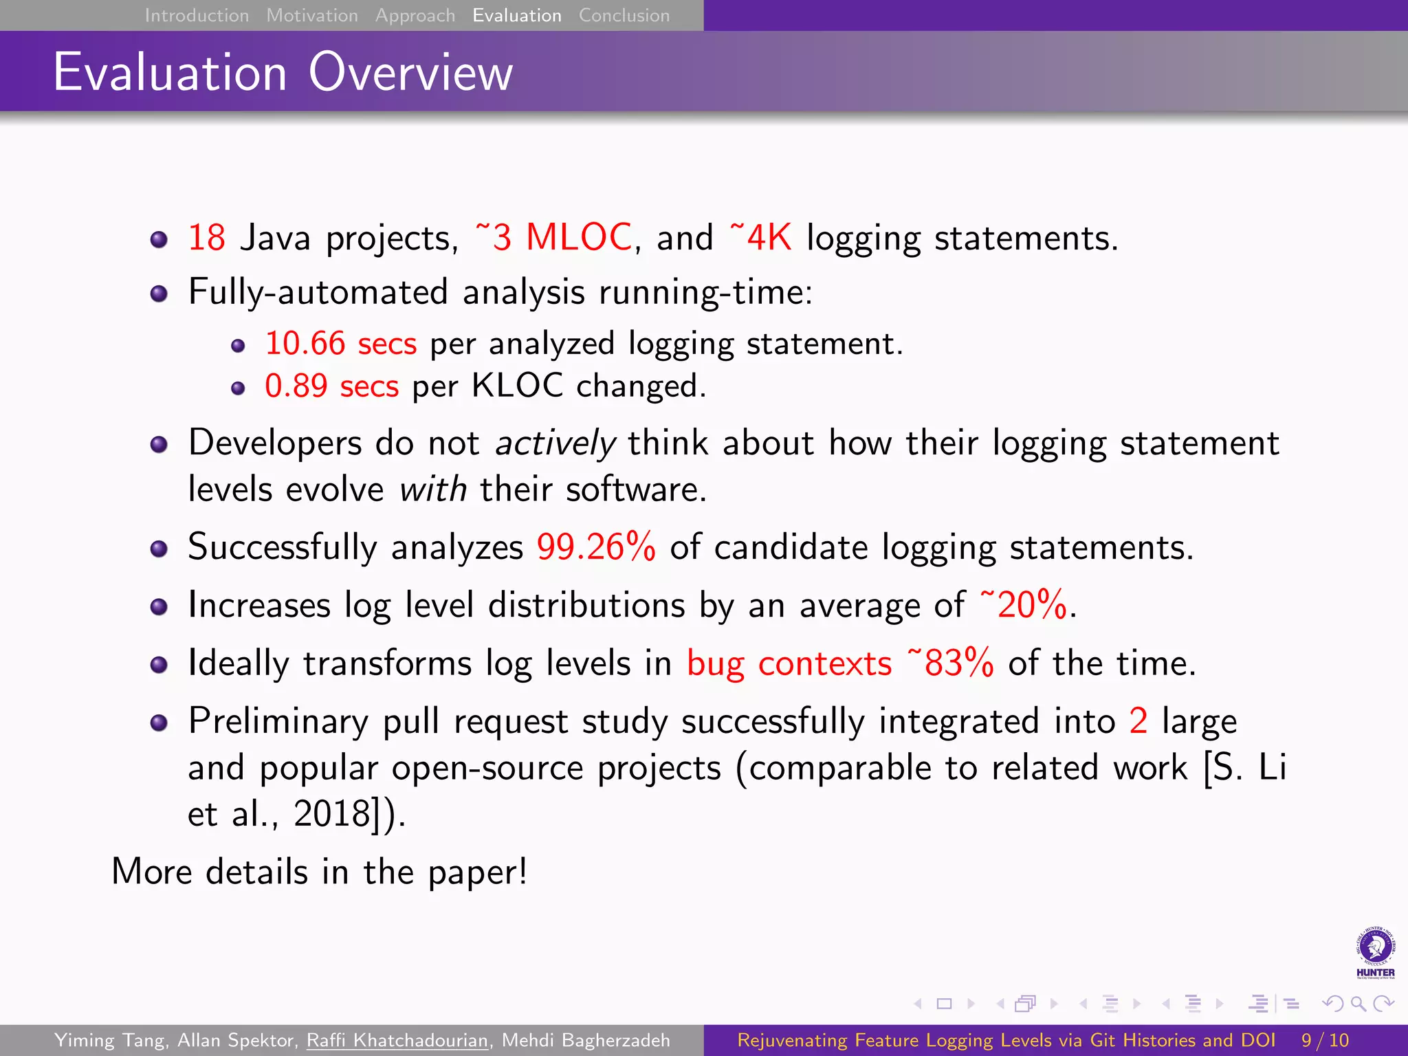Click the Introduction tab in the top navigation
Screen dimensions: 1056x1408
tap(197, 15)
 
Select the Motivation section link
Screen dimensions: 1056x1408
tap(312, 15)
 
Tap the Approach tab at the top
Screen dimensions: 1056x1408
tap(415, 15)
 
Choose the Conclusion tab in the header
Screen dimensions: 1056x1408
tap(624, 15)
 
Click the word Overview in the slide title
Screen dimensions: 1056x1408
tap(410, 72)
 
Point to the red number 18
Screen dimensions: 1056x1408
tap(206, 238)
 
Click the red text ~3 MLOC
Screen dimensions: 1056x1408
tap(553, 237)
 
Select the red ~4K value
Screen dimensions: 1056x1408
tap(760, 237)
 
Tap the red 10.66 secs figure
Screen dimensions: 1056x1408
tap(340, 343)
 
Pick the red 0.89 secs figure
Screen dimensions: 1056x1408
tap(331, 386)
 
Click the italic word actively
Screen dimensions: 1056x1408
tap(555, 443)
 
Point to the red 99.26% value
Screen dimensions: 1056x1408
tap(596, 547)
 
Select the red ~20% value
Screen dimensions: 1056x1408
tap(1024, 605)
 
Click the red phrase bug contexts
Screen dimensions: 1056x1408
tap(789, 663)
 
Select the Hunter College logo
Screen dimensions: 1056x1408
tap(1375, 952)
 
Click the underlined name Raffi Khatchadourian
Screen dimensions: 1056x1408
tap(397, 1040)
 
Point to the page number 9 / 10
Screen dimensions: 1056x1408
tap(1325, 1040)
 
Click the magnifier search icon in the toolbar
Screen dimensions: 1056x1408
tap(1358, 1004)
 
